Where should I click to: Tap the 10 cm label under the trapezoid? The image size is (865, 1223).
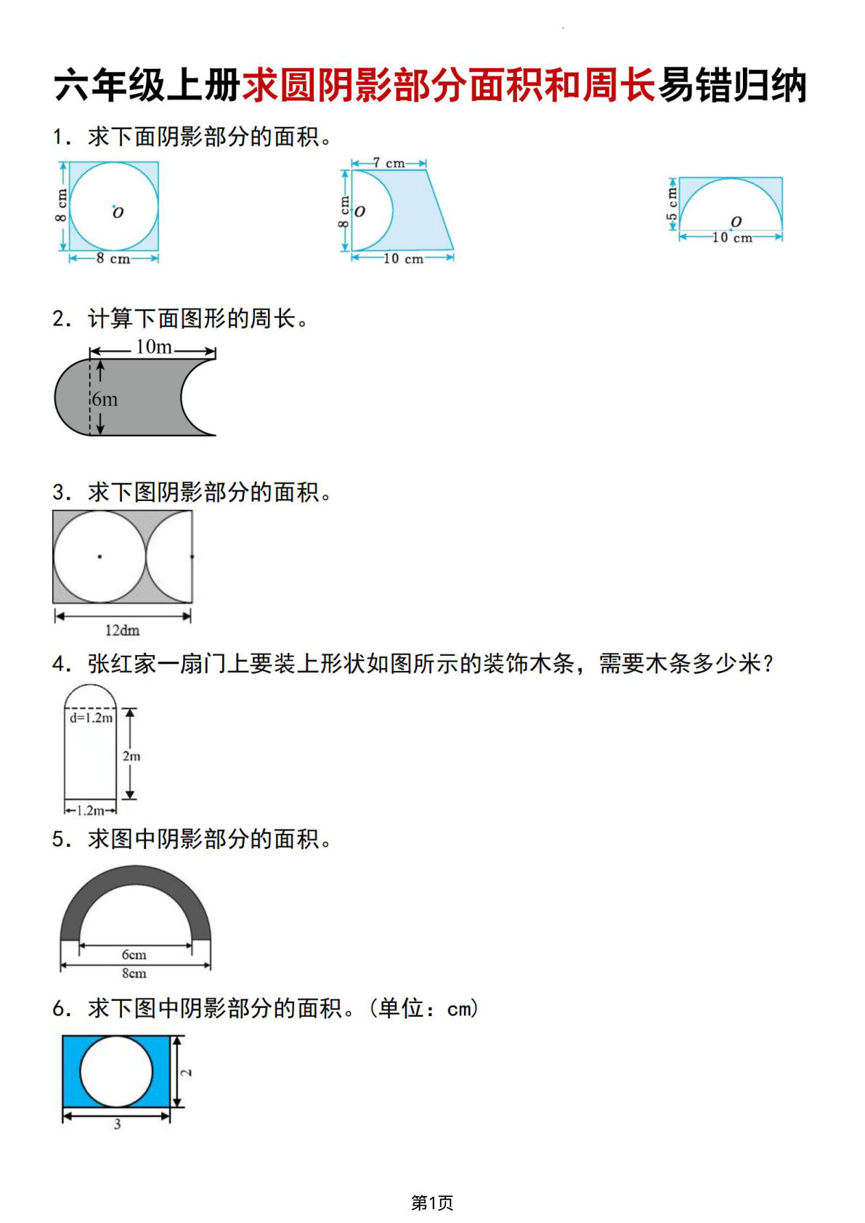point(403,259)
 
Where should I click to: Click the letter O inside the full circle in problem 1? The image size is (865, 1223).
point(118,212)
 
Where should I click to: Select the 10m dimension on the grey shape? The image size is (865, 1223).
point(154,348)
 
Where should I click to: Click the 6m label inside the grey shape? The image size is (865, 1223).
point(105,399)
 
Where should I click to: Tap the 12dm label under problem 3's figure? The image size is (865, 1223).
point(122,630)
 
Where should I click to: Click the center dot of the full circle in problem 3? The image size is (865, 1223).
point(100,557)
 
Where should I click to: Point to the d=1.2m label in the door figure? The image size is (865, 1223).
point(91,718)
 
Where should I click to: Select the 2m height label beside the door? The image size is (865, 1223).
point(131,756)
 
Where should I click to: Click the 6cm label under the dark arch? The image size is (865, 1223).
point(134,954)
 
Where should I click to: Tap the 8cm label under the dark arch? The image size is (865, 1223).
point(134,973)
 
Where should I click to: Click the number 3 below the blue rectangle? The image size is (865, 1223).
point(117,1124)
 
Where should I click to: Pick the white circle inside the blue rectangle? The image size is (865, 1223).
point(116,1071)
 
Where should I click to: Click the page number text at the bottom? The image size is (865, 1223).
point(432,1203)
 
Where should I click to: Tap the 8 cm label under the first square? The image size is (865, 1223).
point(113,259)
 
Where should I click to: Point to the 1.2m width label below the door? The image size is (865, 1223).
point(90,810)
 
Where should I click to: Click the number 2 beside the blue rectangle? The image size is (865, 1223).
point(187,1072)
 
